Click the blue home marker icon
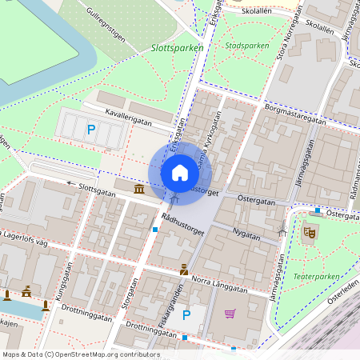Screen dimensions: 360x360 [180, 172]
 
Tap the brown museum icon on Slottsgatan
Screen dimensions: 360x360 [140, 189]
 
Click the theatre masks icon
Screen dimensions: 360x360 [310, 233]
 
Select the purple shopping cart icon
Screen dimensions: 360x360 [230, 314]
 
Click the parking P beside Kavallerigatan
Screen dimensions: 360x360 [90, 129]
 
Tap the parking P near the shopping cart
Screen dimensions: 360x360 [186, 315]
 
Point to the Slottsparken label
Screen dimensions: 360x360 [178, 48]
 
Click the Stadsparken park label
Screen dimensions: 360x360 [247, 46]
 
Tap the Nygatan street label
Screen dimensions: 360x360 [246, 235]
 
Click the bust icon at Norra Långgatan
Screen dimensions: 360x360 [184, 270]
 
